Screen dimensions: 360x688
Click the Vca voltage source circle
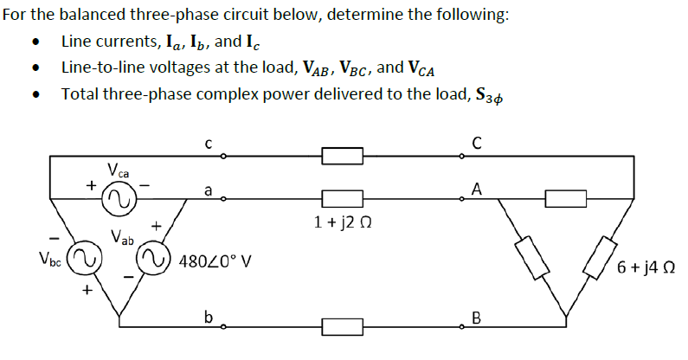[x=117, y=201]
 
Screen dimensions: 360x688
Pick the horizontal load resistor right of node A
[x=566, y=199]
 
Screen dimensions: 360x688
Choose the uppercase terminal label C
[x=477, y=144]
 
